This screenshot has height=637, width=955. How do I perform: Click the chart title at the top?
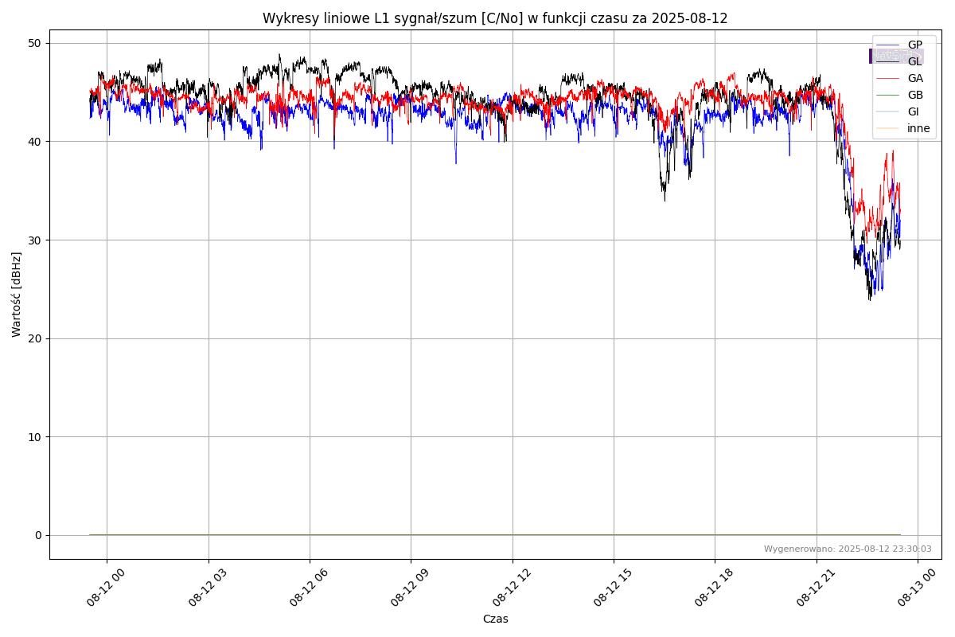[x=495, y=18]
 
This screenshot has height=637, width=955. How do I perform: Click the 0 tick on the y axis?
[x=37, y=535]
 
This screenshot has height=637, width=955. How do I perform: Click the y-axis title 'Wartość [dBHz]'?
[x=17, y=295]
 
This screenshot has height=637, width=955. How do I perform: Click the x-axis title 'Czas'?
[x=495, y=619]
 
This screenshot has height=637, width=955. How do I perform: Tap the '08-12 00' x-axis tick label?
[x=106, y=588]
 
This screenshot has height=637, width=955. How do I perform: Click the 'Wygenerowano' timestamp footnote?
[x=848, y=549]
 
